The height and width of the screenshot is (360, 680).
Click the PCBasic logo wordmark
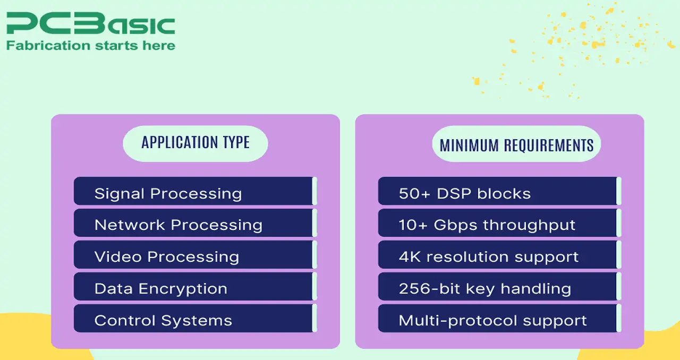(91, 23)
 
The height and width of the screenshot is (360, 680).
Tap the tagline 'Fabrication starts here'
(91, 46)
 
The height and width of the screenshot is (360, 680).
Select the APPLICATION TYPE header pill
(195, 143)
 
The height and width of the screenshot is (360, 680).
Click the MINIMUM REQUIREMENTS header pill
(516, 144)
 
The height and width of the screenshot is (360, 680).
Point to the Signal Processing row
(195, 191)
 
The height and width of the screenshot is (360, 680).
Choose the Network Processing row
(195, 223)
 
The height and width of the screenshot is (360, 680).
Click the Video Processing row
(195, 255)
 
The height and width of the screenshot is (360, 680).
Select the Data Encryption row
(195, 287)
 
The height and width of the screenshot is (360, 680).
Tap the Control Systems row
(195, 319)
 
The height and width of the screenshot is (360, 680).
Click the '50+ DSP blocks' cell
(500, 191)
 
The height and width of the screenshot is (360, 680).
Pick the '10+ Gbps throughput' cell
(500, 223)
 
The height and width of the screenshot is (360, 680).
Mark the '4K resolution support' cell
(500, 255)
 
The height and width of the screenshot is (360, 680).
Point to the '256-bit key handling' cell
(500, 287)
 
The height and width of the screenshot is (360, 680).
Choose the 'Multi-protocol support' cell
(500, 319)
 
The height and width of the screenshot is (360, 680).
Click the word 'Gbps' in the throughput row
(455, 226)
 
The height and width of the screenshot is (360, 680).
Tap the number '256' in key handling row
(414, 288)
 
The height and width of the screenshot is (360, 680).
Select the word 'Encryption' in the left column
(183, 289)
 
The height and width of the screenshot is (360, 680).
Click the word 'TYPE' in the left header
(236, 142)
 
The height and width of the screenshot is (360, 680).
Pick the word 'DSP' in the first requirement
(454, 194)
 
